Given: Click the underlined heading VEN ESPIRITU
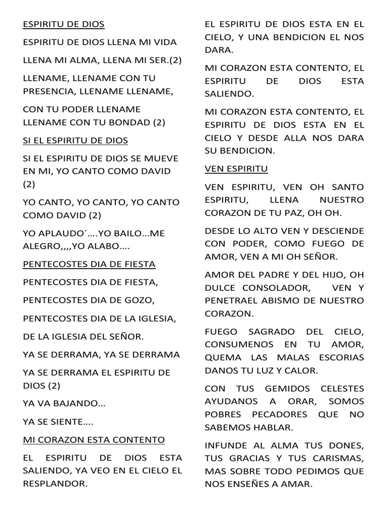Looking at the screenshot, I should pyautogui.click(x=236, y=168).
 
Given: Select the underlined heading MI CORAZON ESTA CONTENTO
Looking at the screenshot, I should pyautogui.click(x=94, y=440).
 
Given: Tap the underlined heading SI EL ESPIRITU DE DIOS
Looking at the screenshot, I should pyautogui.click(x=76, y=140).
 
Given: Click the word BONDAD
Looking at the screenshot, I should pyautogui.click(x=129, y=122).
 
